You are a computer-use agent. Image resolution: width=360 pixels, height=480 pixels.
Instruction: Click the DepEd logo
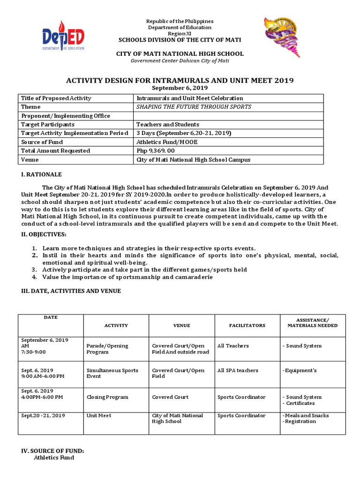pyautogui.click(x=63, y=36)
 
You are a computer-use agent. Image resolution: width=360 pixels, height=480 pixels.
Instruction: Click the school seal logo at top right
pyautogui.click(x=282, y=35)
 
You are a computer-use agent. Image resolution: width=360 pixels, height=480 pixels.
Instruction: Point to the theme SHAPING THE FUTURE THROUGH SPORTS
pyautogui.click(x=194, y=107)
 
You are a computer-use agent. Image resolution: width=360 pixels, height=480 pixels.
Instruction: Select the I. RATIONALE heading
pyautogui.click(x=41, y=174)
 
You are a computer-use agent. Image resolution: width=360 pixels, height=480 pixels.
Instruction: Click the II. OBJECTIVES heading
pyautogui.click(x=43, y=234)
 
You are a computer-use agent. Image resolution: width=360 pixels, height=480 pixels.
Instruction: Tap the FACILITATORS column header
pyautogui.click(x=247, y=325)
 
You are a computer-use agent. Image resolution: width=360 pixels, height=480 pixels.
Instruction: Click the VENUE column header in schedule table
pyautogui.click(x=181, y=325)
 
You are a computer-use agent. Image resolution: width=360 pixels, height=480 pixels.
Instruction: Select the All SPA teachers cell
pyautogui.click(x=238, y=370)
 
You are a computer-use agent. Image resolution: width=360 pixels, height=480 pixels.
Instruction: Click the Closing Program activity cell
pyautogui.click(x=107, y=397)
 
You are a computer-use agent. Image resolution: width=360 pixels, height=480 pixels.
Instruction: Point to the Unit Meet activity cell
pyautogui.click(x=99, y=416)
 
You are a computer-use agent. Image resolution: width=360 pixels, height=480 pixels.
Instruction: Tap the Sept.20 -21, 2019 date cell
pyautogui.click(x=43, y=416)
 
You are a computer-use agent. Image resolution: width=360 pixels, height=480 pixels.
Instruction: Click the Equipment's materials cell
pyautogui.click(x=300, y=370)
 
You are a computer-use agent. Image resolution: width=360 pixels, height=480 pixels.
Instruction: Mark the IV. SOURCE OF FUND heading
pyautogui.click(x=52, y=451)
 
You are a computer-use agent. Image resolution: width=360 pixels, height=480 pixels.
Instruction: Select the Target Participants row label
pyautogui.click(x=48, y=125)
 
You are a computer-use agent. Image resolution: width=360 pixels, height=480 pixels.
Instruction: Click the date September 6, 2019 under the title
pyautogui.click(x=180, y=88)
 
